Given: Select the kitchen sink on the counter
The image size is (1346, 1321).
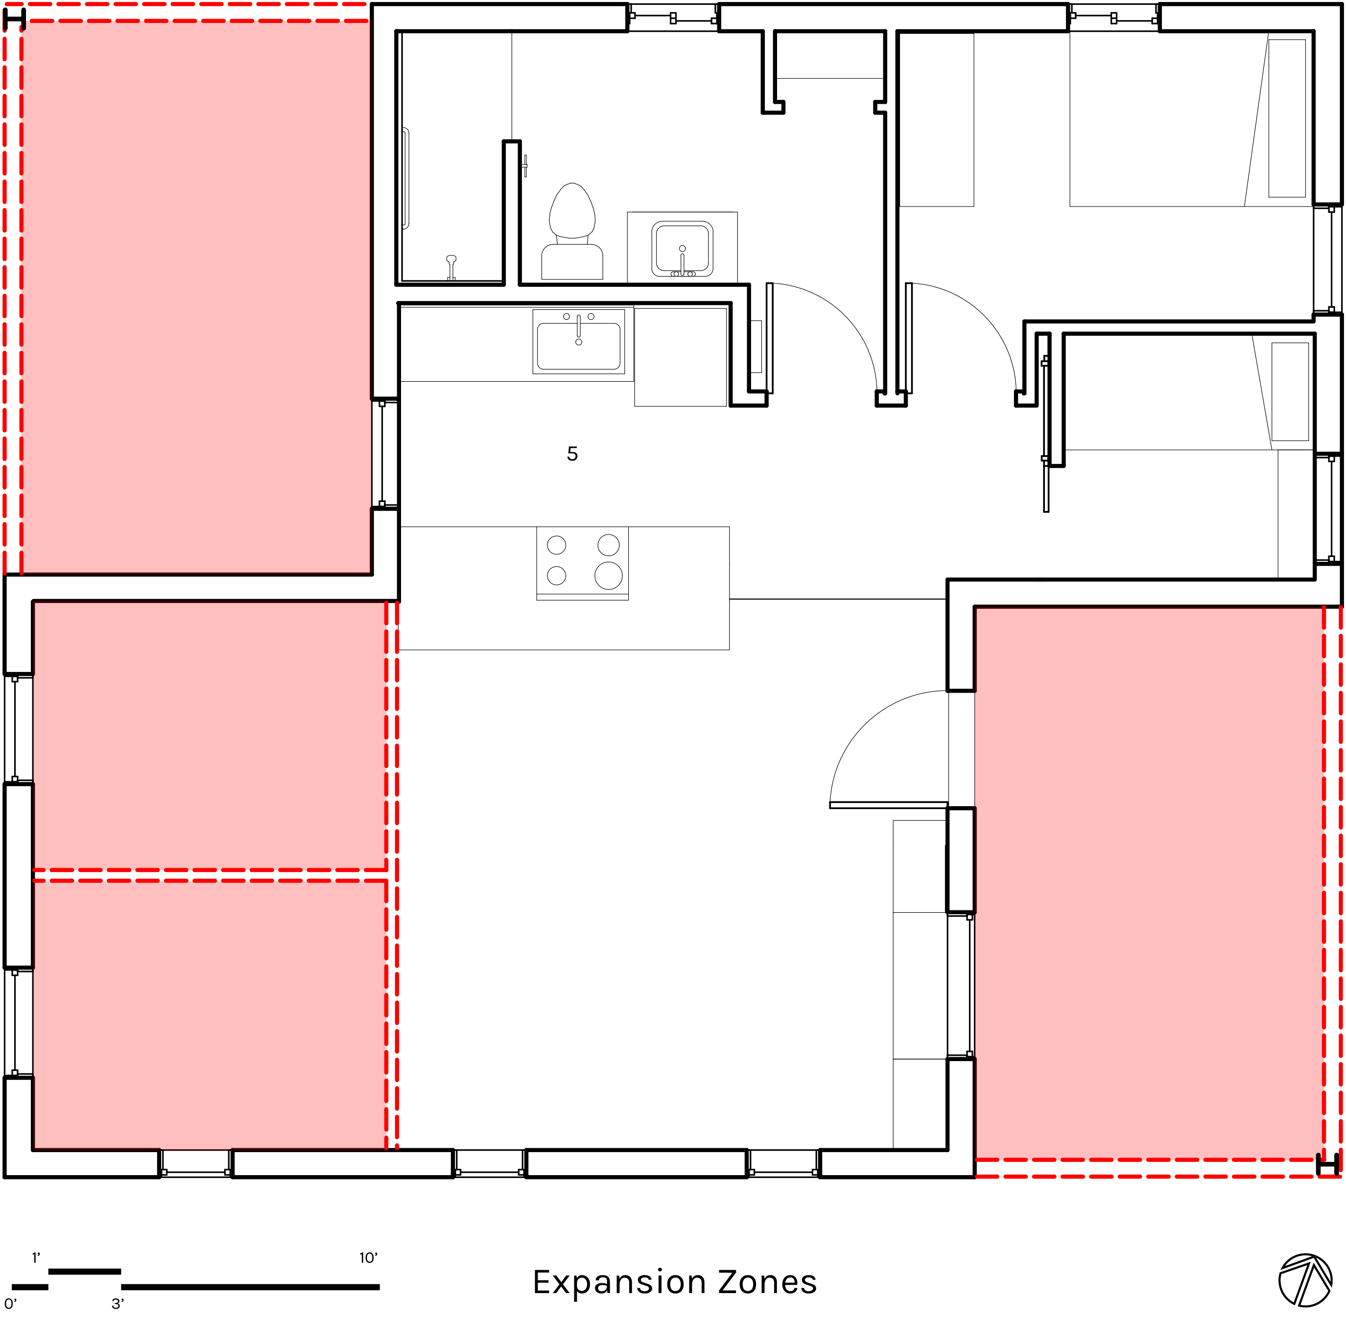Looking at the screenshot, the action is point(578,341).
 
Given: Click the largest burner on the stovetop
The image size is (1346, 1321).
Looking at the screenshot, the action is point(608,575).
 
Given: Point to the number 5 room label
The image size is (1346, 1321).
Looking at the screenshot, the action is point(572,454).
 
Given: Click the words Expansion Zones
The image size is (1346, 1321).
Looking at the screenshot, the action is point(674,1282).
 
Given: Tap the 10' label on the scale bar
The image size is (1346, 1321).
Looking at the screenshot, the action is point(368,1258).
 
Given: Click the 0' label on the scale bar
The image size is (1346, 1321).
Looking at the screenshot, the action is point(10,1304).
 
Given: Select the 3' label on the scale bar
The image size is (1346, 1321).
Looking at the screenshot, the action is point(118,1304).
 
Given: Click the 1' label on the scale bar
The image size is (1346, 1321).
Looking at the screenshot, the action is point(36,1258).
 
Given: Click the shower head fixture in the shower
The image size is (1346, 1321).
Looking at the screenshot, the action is point(451,267).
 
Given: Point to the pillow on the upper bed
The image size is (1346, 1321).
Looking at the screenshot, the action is point(1286,118).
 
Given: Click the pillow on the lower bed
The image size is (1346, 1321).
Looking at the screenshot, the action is point(1290,391).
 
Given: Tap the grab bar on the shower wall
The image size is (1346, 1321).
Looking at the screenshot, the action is point(406,178).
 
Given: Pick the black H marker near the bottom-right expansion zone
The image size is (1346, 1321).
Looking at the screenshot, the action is point(1328,1165).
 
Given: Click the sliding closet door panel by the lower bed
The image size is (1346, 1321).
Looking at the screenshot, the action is point(1045,434).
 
